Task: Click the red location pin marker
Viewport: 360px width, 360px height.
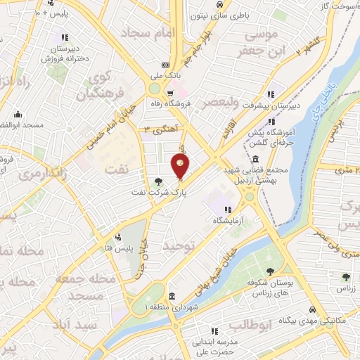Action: tap(180, 166)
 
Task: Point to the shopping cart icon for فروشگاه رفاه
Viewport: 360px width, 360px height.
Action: tap(169, 92)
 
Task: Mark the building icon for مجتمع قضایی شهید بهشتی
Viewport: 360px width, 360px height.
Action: tap(254, 159)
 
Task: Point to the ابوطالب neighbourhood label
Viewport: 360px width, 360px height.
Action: tap(250, 326)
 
